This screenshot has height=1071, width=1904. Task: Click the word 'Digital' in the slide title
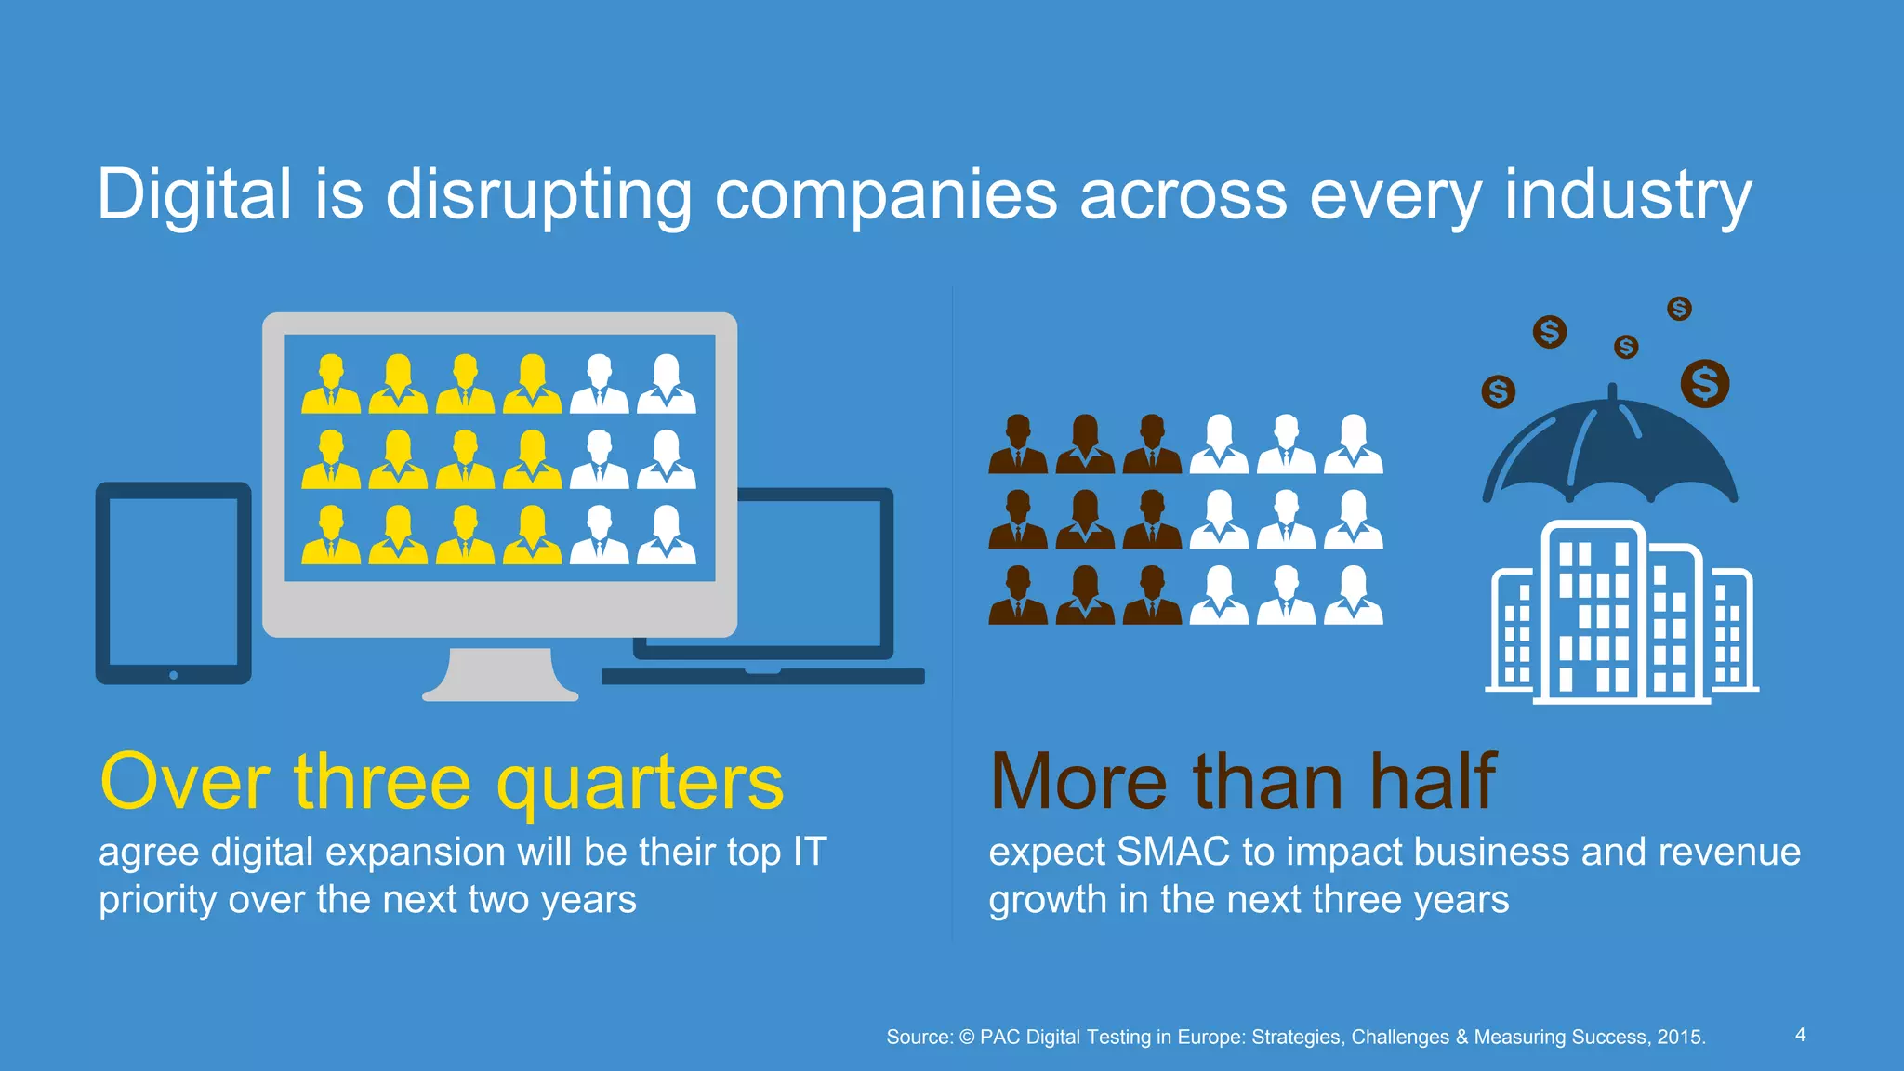pyautogui.click(x=194, y=195)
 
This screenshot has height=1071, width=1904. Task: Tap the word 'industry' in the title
pyautogui.click(x=1627, y=195)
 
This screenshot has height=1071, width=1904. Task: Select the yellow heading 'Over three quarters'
pyautogui.click(x=442, y=783)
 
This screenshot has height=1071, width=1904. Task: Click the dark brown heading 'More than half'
pyautogui.click(x=1243, y=783)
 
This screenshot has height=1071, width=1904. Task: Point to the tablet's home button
pyautogui.click(x=174, y=675)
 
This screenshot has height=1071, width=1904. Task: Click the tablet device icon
pyautogui.click(x=174, y=582)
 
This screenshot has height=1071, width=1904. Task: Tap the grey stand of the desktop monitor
pyautogui.click(x=500, y=674)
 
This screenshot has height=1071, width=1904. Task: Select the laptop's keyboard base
pyautogui.click(x=762, y=677)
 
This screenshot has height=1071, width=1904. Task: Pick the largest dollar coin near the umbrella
pyautogui.click(x=1705, y=383)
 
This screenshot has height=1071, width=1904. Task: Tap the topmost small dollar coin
pyautogui.click(x=1679, y=308)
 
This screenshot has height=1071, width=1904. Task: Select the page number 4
pyautogui.click(x=1801, y=1035)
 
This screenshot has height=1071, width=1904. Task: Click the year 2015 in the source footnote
pyautogui.click(x=1680, y=1037)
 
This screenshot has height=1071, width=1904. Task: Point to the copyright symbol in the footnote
pyautogui.click(x=967, y=1037)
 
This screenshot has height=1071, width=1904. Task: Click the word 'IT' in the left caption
pyautogui.click(x=809, y=852)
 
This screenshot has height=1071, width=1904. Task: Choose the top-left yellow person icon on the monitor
pyautogui.click(x=331, y=384)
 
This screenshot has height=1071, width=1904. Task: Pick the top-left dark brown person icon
pyautogui.click(x=1018, y=443)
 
